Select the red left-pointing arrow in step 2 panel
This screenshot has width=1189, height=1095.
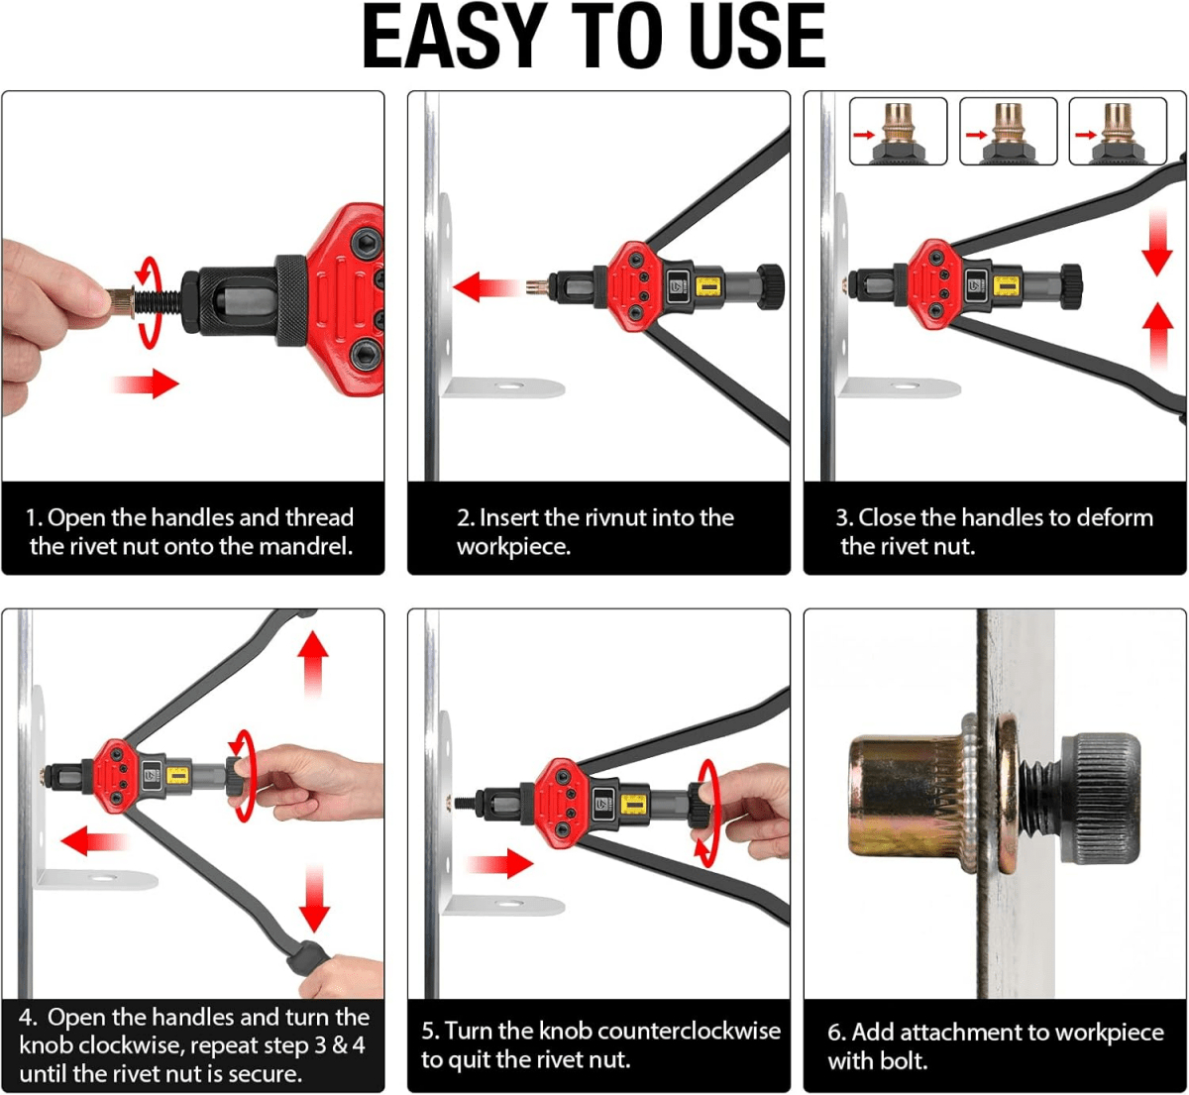(x=486, y=288)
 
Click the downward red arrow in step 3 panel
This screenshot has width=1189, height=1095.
(x=1156, y=244)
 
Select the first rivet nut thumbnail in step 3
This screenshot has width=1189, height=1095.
(x=899, y=131)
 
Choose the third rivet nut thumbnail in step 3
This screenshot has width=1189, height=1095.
(x=1118, y=131)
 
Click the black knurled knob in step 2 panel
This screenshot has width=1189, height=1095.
(x=770, y=285)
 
